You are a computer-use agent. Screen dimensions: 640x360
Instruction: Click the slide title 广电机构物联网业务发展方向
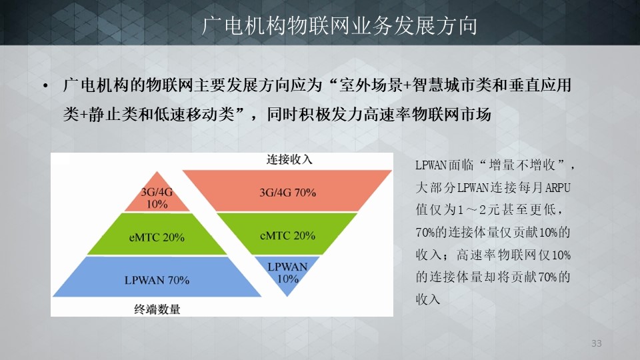pos(339,25)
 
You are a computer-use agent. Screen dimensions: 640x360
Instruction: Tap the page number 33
pos(596,343)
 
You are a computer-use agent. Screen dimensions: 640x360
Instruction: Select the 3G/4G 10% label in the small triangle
pos(157,198)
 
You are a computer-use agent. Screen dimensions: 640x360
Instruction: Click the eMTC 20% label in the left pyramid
pos(157,237)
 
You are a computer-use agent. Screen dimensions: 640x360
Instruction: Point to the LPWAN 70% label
pos(157,281)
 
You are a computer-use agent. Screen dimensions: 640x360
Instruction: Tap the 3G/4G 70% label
pos(288,193)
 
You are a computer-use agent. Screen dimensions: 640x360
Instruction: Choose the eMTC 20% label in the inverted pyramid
pos(288,235)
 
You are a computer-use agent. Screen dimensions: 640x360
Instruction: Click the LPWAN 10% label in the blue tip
pos(287,273)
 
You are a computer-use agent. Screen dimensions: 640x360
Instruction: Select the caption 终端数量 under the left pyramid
pos(157,309)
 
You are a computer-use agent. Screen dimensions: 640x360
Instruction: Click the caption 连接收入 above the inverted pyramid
pos(289,159)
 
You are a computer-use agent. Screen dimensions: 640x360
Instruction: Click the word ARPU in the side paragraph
pos(557,187)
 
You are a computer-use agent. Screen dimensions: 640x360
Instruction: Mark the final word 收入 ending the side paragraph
pos(428,299)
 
